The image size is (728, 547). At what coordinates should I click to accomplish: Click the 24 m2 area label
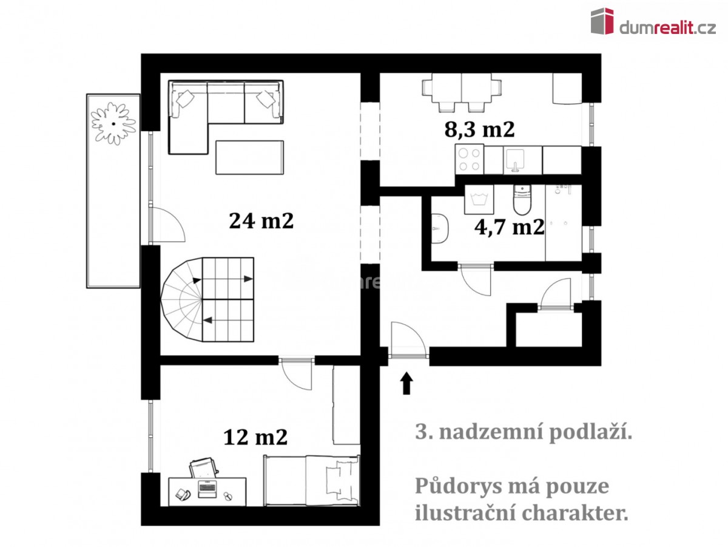click(x=261, y=221)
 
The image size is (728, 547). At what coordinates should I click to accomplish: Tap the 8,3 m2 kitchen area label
click(x=479, y=129)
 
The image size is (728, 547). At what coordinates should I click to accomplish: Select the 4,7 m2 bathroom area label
click(x=509, y=228)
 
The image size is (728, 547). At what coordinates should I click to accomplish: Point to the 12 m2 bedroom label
click(x=255, y=437)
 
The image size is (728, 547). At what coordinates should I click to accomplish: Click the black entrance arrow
click(x=406, y=383)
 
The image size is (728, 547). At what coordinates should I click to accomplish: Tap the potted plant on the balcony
click(x=113, y=124)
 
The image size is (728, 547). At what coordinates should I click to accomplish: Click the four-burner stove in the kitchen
click(x=470, y=159)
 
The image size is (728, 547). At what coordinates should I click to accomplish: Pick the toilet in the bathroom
click(x=522, y=200)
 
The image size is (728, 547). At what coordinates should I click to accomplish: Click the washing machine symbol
click(x=479, y=200)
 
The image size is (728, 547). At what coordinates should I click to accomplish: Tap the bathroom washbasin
click(x=440, y=228)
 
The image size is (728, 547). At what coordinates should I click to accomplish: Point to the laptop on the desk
click(x=207, y=489)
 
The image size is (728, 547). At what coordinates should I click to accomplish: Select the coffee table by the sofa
click(x=249, y=157)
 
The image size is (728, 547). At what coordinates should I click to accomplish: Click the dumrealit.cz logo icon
click(x=602, y=21)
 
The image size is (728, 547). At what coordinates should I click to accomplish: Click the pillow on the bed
click(x=339, y=480)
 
